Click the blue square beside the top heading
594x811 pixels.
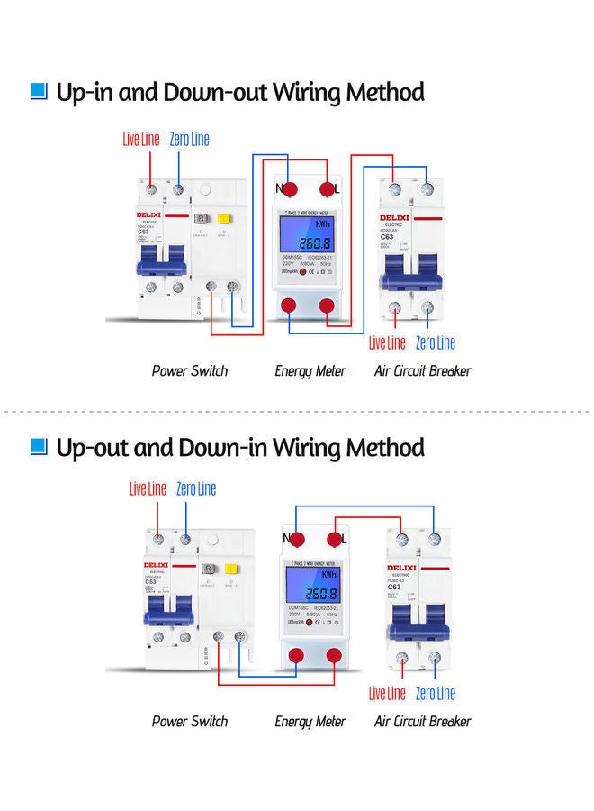tap(38, 91)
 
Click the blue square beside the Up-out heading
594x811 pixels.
tap(38, 446)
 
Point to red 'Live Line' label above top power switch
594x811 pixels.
tap(141, 139)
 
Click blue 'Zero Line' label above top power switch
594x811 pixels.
tap(189, 139)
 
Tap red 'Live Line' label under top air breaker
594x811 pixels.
tap(388, 342)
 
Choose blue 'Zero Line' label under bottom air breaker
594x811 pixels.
tap(436, 693)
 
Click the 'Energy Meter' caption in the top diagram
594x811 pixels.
tap(310, 370)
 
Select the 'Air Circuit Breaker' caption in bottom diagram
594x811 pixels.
tap(423, 721)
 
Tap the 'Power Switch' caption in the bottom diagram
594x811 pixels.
tap(190, 721)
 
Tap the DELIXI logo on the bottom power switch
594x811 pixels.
tap(157, 565)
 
